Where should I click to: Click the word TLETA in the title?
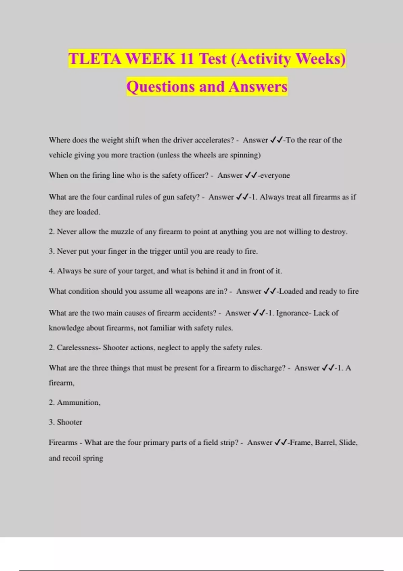(95, 59)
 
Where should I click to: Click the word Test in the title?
(213, 59)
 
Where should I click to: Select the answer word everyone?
(275, 175)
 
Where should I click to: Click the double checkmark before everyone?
(251, 175)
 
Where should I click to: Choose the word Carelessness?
(78, 348)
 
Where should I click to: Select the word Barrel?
(325, 443)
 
